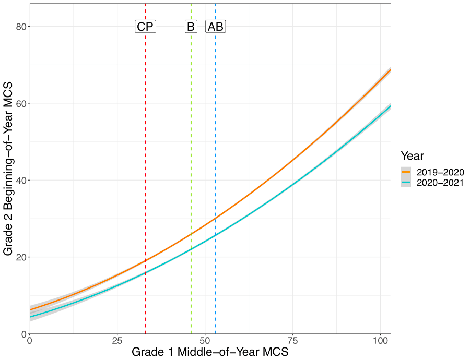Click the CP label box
[145, 27]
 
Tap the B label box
[191, 27]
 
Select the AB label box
[216, 27]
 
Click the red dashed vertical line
[145, 157]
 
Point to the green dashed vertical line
[191, 157]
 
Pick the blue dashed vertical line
[216, 157]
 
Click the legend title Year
[413, 156]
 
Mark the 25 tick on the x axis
[117, 341]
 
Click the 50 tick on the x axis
[205, 341]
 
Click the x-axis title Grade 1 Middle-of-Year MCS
[210, 352]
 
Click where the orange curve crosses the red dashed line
[145, 260]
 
